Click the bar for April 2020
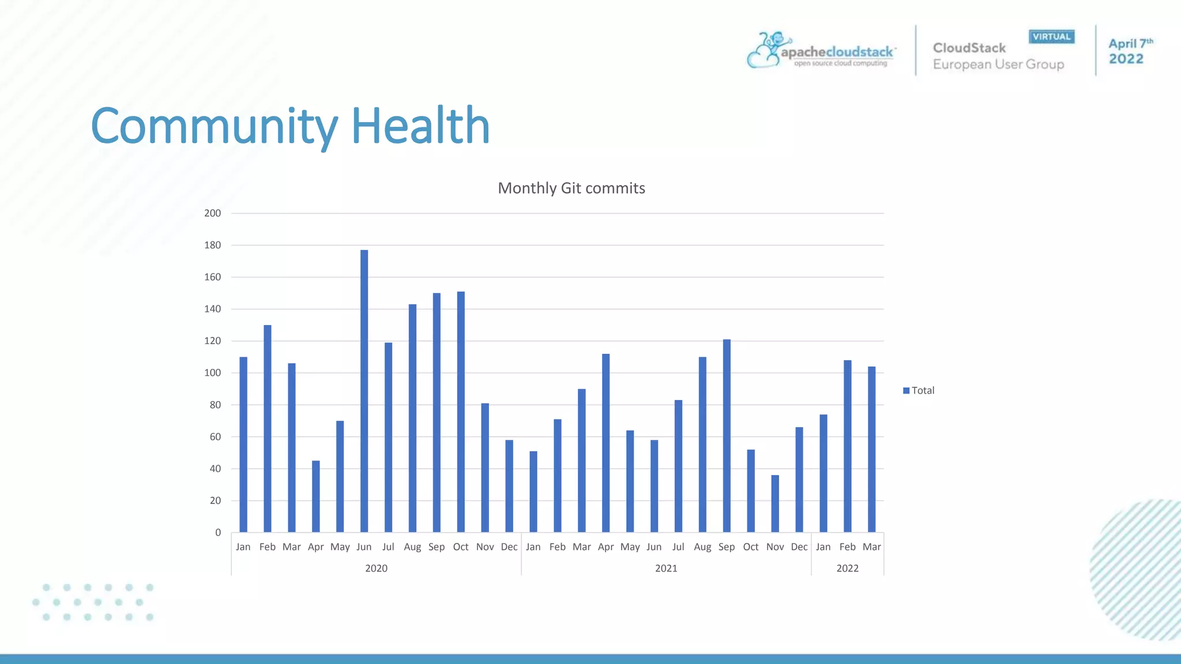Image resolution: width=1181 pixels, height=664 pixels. pyautogui.click(x=315, y=496)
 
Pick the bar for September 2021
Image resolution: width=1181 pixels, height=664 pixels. pyautogui.click(x=727, y=436)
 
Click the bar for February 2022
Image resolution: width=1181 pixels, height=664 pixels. pyautogui.click(x=847, y=446)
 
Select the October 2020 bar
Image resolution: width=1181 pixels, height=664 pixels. pyautogui.click(x=461, y=412)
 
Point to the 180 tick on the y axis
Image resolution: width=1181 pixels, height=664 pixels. pyautogui.click(x=213, y=245)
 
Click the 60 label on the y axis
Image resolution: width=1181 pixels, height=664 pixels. pyautogui.click(x=215, y=437)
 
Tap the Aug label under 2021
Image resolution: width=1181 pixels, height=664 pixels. pyautogui.click(x=702, y=547)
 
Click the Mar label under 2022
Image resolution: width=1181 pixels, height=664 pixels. pyautogui.click(x=871, y=547)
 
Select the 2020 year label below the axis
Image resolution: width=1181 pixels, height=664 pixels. pyautogui.click(x=376, y=568)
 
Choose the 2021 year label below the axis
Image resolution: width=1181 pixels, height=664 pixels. pyautogui.click(x=666, y=568)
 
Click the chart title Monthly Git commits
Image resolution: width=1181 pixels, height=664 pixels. pyautogui.click(x=571, y=188)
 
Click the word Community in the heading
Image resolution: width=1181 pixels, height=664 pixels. pyautogui.click(x=214, y=127)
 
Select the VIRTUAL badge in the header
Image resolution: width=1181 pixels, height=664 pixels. pyautogui.click(x=1051, y=37)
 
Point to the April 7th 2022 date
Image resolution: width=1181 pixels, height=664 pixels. pyautogui.click(x=1129, y=51)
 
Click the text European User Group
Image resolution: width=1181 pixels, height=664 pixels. pyautogui.click(x=998, y=65)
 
